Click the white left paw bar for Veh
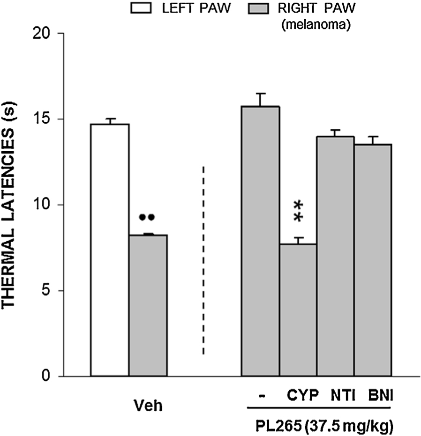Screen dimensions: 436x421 (x=110, y=250)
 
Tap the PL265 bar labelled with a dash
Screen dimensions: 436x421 (x=260, y=241)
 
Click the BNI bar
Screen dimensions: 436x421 (x=372, y=260)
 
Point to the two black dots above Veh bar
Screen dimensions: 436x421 (x=147, y=217)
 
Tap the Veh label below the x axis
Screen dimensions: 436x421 (x=149, y=406)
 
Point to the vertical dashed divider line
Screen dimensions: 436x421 (x=203, y=260)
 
